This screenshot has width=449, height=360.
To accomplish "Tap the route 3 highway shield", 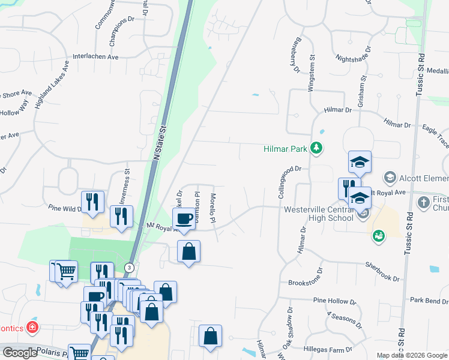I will tap(128, 267).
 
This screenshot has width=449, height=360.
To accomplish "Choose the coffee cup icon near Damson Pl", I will tap(184, 218).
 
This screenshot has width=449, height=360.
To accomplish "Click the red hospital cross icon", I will tap(32, 328).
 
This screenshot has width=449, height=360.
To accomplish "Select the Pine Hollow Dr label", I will tap(334, 301).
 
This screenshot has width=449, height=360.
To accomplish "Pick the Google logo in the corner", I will tap(19, 353).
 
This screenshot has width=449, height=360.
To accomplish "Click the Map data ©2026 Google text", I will tap(412, 355).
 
